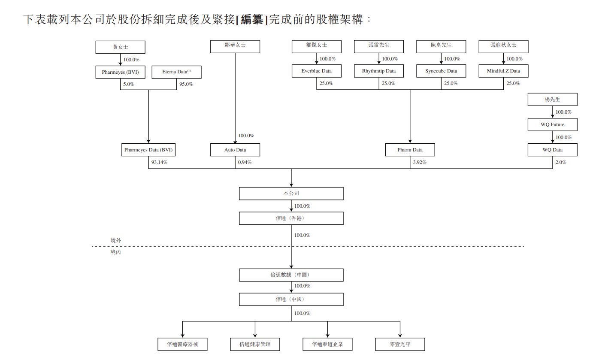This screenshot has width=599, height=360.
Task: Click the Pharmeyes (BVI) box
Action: click(x=121, y=72)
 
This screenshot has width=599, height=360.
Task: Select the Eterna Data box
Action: click(x=176, y=72)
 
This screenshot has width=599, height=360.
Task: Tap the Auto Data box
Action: click(x=235, y=150)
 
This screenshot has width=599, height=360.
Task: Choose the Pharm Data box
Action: click(x=410, y=150)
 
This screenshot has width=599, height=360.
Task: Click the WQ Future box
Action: click(x=552, y=125)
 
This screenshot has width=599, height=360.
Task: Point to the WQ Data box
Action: click(x=552, y=150)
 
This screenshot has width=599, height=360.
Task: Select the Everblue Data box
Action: click(x=317, y=71)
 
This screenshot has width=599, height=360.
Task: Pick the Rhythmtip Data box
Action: click(x=379, y=71)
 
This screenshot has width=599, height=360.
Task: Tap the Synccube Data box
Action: click(x=441, y=71)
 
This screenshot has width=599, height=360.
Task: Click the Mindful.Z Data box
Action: click(x=503, y=71)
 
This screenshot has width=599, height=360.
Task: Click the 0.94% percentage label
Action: click(x=245, y=163)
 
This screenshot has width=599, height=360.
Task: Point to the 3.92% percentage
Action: click(x=420, y=163)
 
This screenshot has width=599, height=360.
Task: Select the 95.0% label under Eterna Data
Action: click(x=185, y=84)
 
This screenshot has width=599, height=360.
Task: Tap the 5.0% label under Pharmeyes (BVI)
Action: click(x=129, y=84)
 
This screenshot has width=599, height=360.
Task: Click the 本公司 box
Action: click(x=291, y=194)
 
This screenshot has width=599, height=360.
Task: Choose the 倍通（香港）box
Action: click(x=291, y=218)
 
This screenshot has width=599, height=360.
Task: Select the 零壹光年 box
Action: click(x=400, y=344)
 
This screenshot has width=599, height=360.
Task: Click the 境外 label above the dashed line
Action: click(x=116, y=241)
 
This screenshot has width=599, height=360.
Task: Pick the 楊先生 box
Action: click(x=552, y=100)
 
